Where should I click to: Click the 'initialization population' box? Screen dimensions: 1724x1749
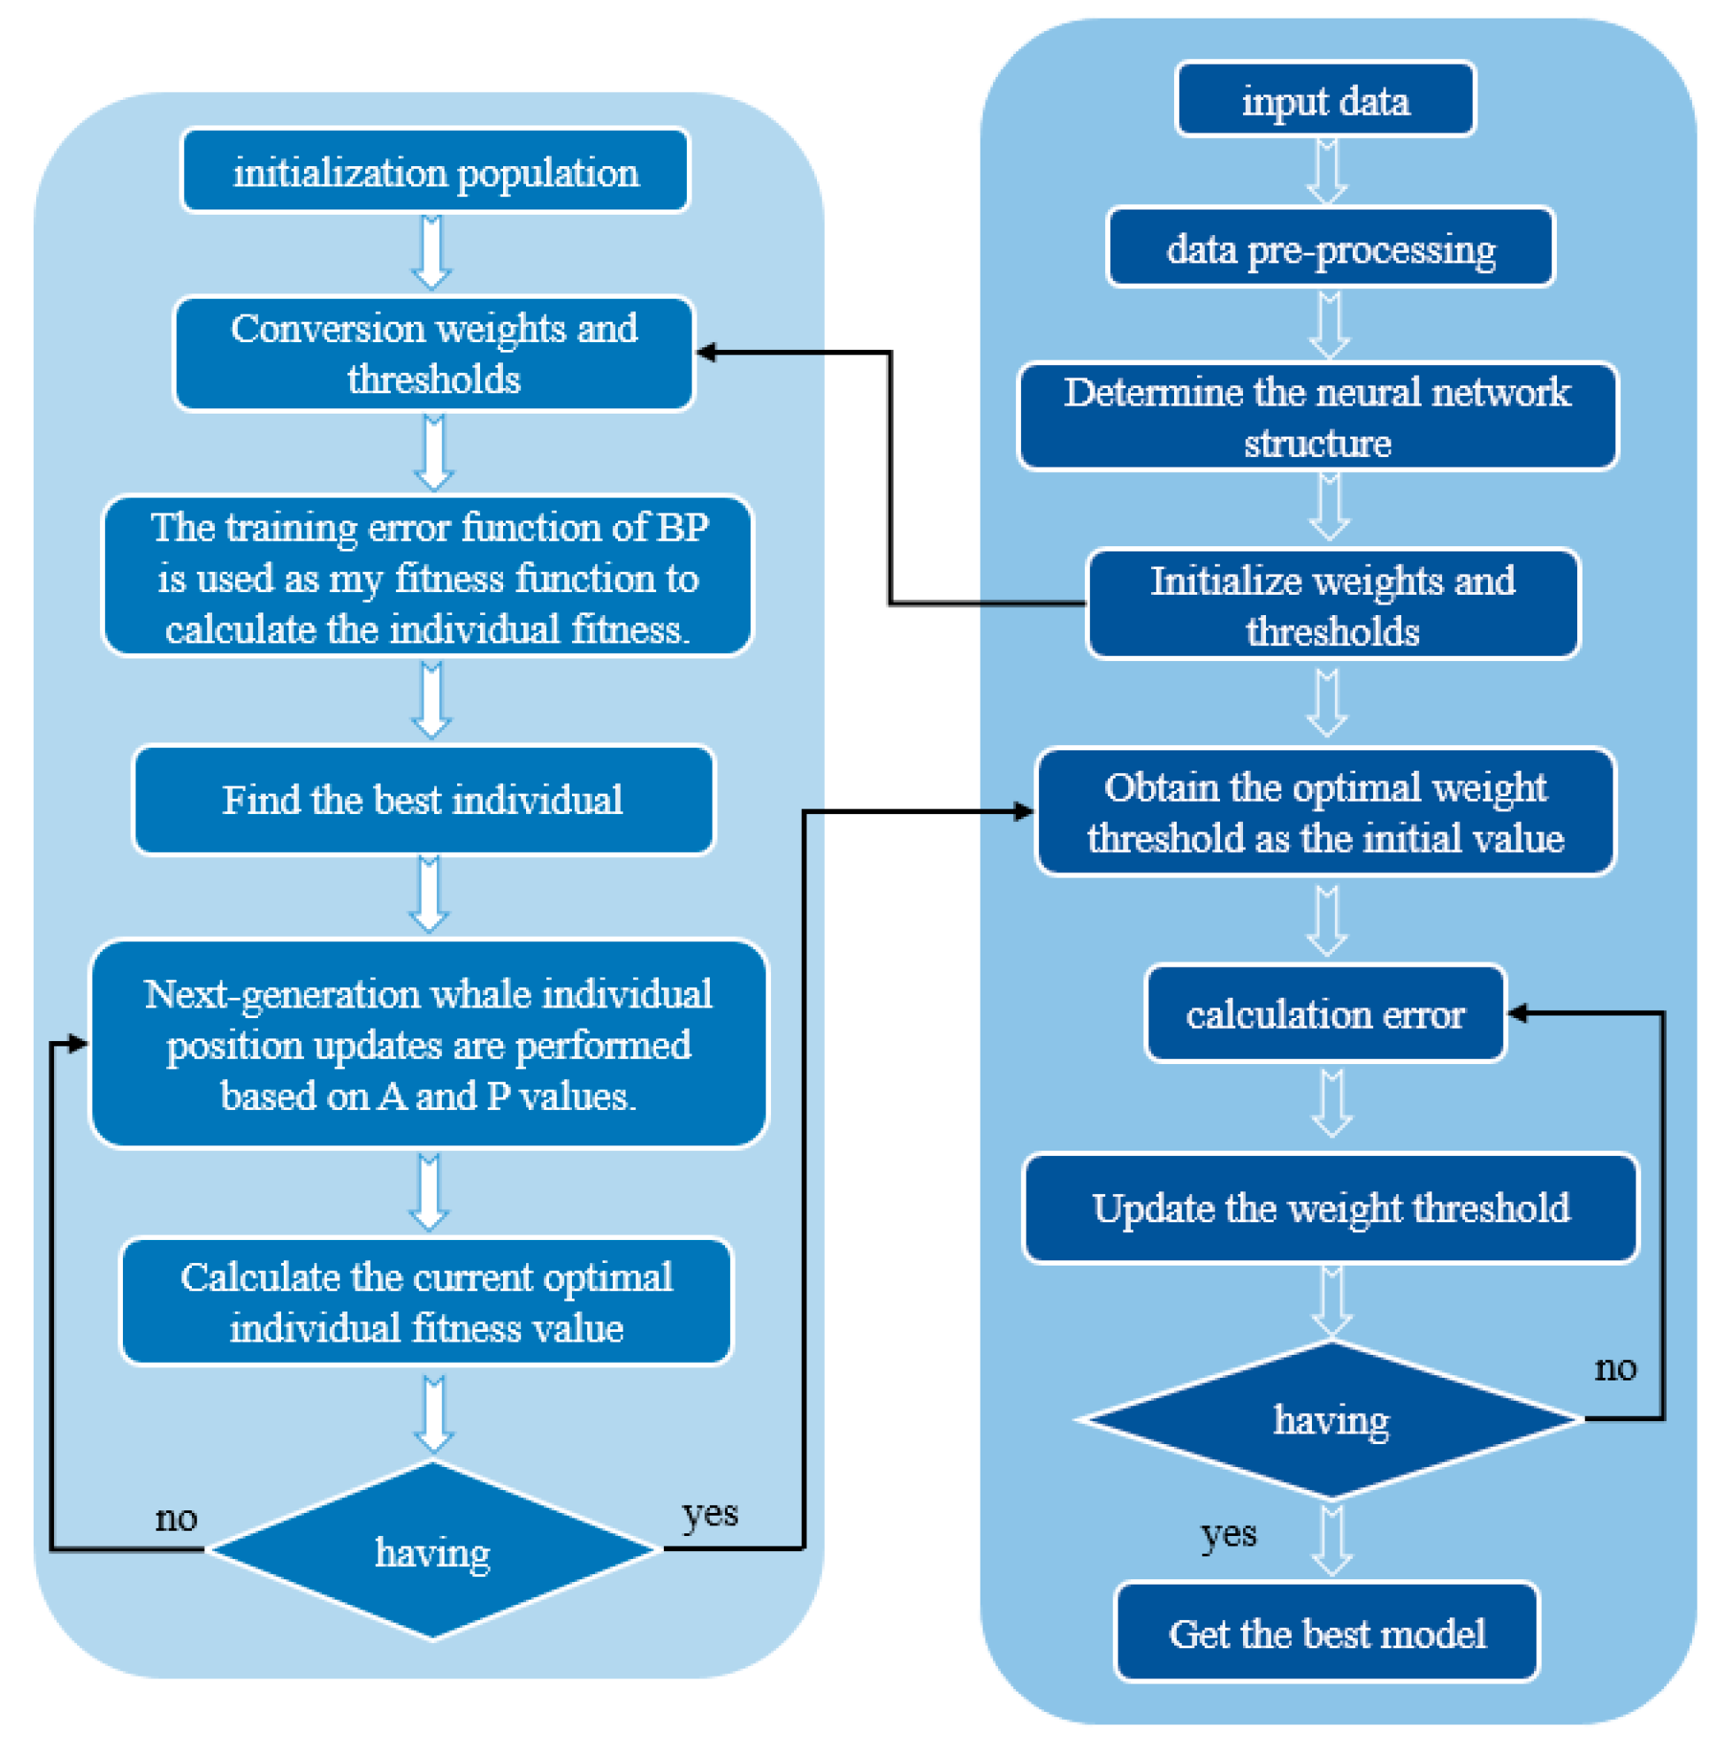(x=436, y=171)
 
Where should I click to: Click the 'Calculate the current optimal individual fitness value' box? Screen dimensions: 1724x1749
(x=426, y=1302)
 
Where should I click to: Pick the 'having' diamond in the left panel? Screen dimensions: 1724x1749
(x=433, y=1551)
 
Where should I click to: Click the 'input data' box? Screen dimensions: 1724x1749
(x=1325, y=100)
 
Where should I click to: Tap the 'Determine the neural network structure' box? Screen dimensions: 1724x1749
(x=1317, y=417)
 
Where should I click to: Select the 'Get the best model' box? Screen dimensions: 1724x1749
(x=1327, y=1633)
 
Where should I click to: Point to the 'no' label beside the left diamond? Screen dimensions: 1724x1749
(x=177, y=1518)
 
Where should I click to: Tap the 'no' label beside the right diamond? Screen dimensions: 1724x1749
(x=1615, y=1368)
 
